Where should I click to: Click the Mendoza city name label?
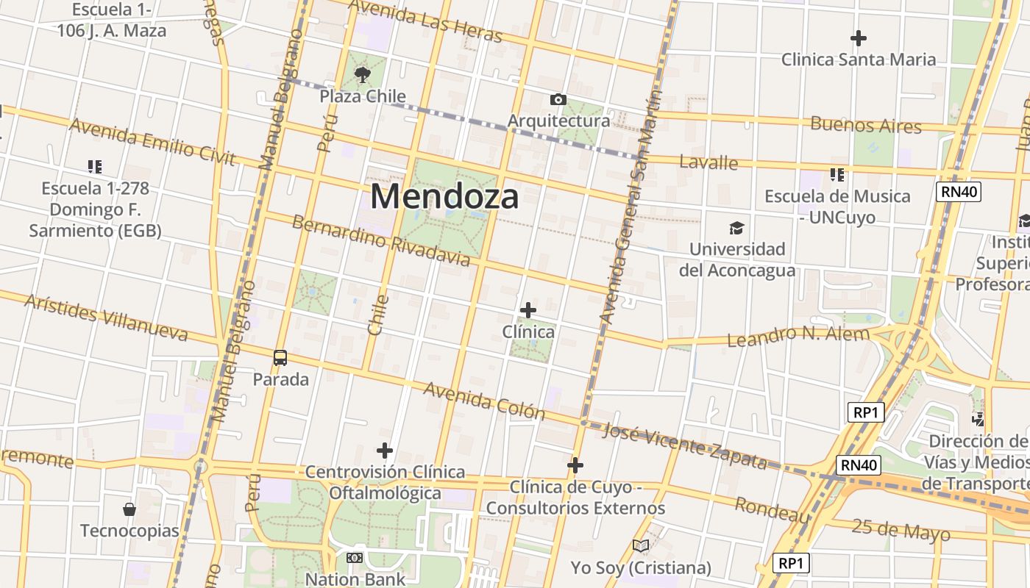444,196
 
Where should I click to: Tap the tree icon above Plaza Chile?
362,73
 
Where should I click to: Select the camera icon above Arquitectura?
558,99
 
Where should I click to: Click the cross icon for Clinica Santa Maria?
858,37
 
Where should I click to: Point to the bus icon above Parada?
280,358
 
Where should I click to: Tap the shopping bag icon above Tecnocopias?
129,509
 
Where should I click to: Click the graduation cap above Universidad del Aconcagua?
736,228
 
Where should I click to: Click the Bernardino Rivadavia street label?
380,240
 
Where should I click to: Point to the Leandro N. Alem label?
798,336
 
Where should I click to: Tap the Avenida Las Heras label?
425,20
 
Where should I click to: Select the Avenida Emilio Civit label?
152,141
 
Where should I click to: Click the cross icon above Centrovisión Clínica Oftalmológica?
385,451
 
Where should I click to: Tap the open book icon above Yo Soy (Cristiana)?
641,545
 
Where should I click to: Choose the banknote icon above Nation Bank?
355,558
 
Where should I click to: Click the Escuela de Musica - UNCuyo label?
837,207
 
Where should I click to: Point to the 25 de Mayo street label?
901,529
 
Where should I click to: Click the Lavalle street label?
708,162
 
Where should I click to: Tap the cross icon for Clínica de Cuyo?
575,465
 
